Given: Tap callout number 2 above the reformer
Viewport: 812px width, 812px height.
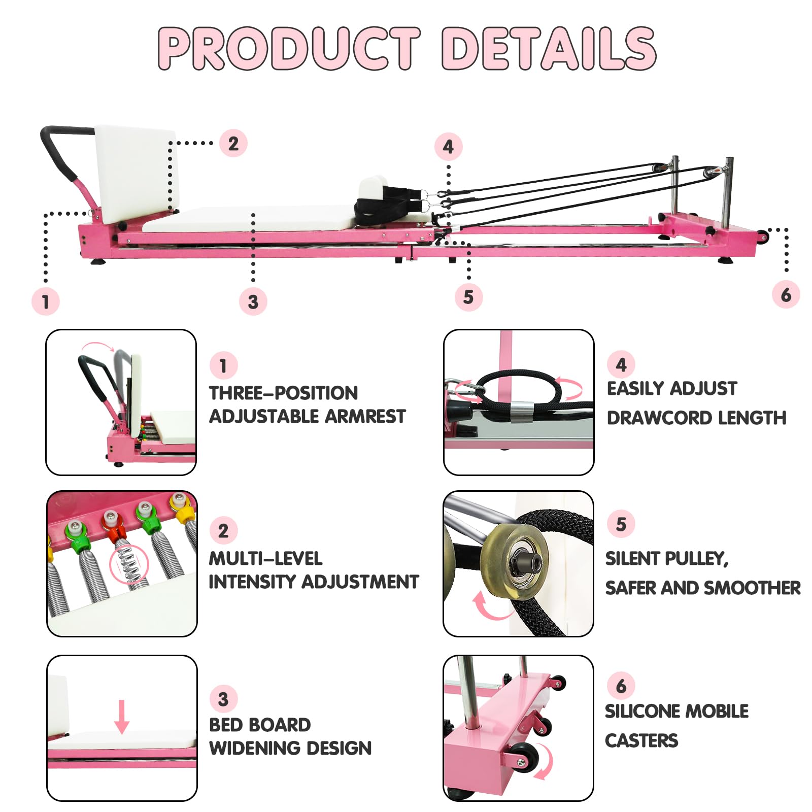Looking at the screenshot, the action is click(233, 143).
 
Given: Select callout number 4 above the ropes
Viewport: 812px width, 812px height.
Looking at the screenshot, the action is click(448, 147).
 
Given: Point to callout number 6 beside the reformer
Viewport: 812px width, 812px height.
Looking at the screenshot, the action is click(786, 294).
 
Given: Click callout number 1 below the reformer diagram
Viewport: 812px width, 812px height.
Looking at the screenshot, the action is click(46, 301).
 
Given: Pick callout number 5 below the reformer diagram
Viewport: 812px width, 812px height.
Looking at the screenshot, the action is click(468, 297).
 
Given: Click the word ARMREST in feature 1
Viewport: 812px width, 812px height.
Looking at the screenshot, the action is click(365, 417).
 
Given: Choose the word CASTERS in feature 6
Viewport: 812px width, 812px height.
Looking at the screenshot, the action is click(641, 741).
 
